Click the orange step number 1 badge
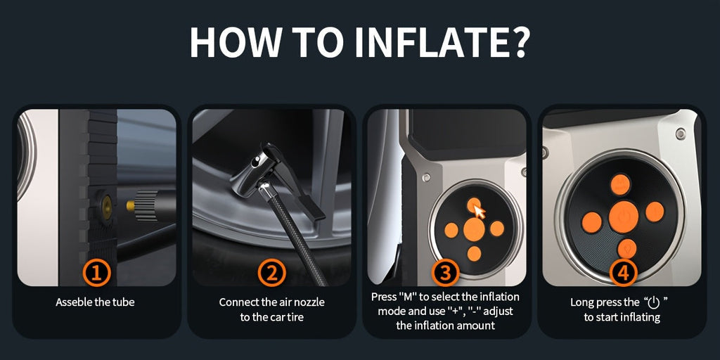point(96,273)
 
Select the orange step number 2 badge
point(271,273)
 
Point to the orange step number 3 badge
point(444,273)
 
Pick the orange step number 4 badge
point(623,273)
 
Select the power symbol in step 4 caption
point(653,302)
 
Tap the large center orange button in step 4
point(623,217)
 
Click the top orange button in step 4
point(620,185)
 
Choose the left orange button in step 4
point(591,222)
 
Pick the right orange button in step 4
point(655,212)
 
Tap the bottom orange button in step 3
point(475,253)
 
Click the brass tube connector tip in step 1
point(131,207)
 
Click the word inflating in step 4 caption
point(640,317)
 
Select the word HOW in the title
point(233,41)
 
